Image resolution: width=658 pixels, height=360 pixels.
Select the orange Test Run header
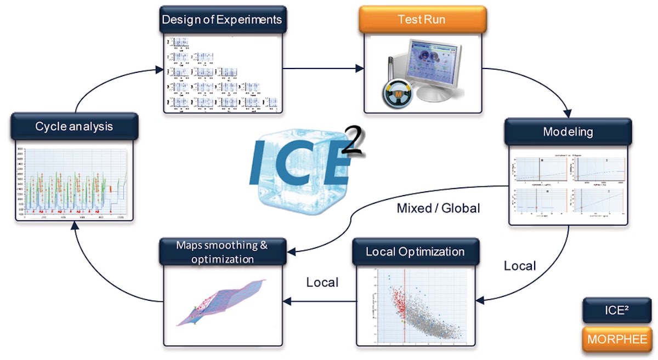(x=422, y=20)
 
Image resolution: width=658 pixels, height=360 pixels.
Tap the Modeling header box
(x=568, y=132)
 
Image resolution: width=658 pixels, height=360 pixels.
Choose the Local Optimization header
(x=415, y=252)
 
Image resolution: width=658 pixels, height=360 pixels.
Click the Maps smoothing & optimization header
(x=222, y=252)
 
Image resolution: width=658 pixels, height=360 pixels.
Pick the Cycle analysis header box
(x=74, y=127)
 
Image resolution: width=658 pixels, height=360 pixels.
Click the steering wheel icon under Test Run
(x=396, y=94)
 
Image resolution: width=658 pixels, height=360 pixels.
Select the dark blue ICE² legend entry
(x=616, y=310)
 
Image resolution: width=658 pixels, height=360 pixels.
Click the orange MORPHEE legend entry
(x=616, y=339)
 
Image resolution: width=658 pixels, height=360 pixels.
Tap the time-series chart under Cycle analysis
(x=73, y=184)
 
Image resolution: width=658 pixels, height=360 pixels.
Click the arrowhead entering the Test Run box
(x=360, y=68)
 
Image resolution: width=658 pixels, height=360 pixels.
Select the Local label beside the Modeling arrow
(x=519, y=266)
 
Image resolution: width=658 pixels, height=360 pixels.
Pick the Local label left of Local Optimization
(x=322, y=283)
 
